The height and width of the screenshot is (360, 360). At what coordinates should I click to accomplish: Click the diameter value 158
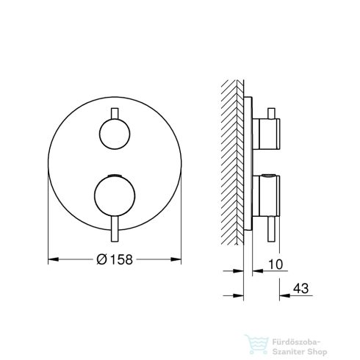pyautogui.click(x=122, y=259)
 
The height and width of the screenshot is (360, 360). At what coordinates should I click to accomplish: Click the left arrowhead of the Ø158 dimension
pyautogui.click(x=51, y=259)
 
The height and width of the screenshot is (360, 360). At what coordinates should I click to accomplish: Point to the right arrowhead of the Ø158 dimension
pyautogui.click(x=179, y=259)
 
